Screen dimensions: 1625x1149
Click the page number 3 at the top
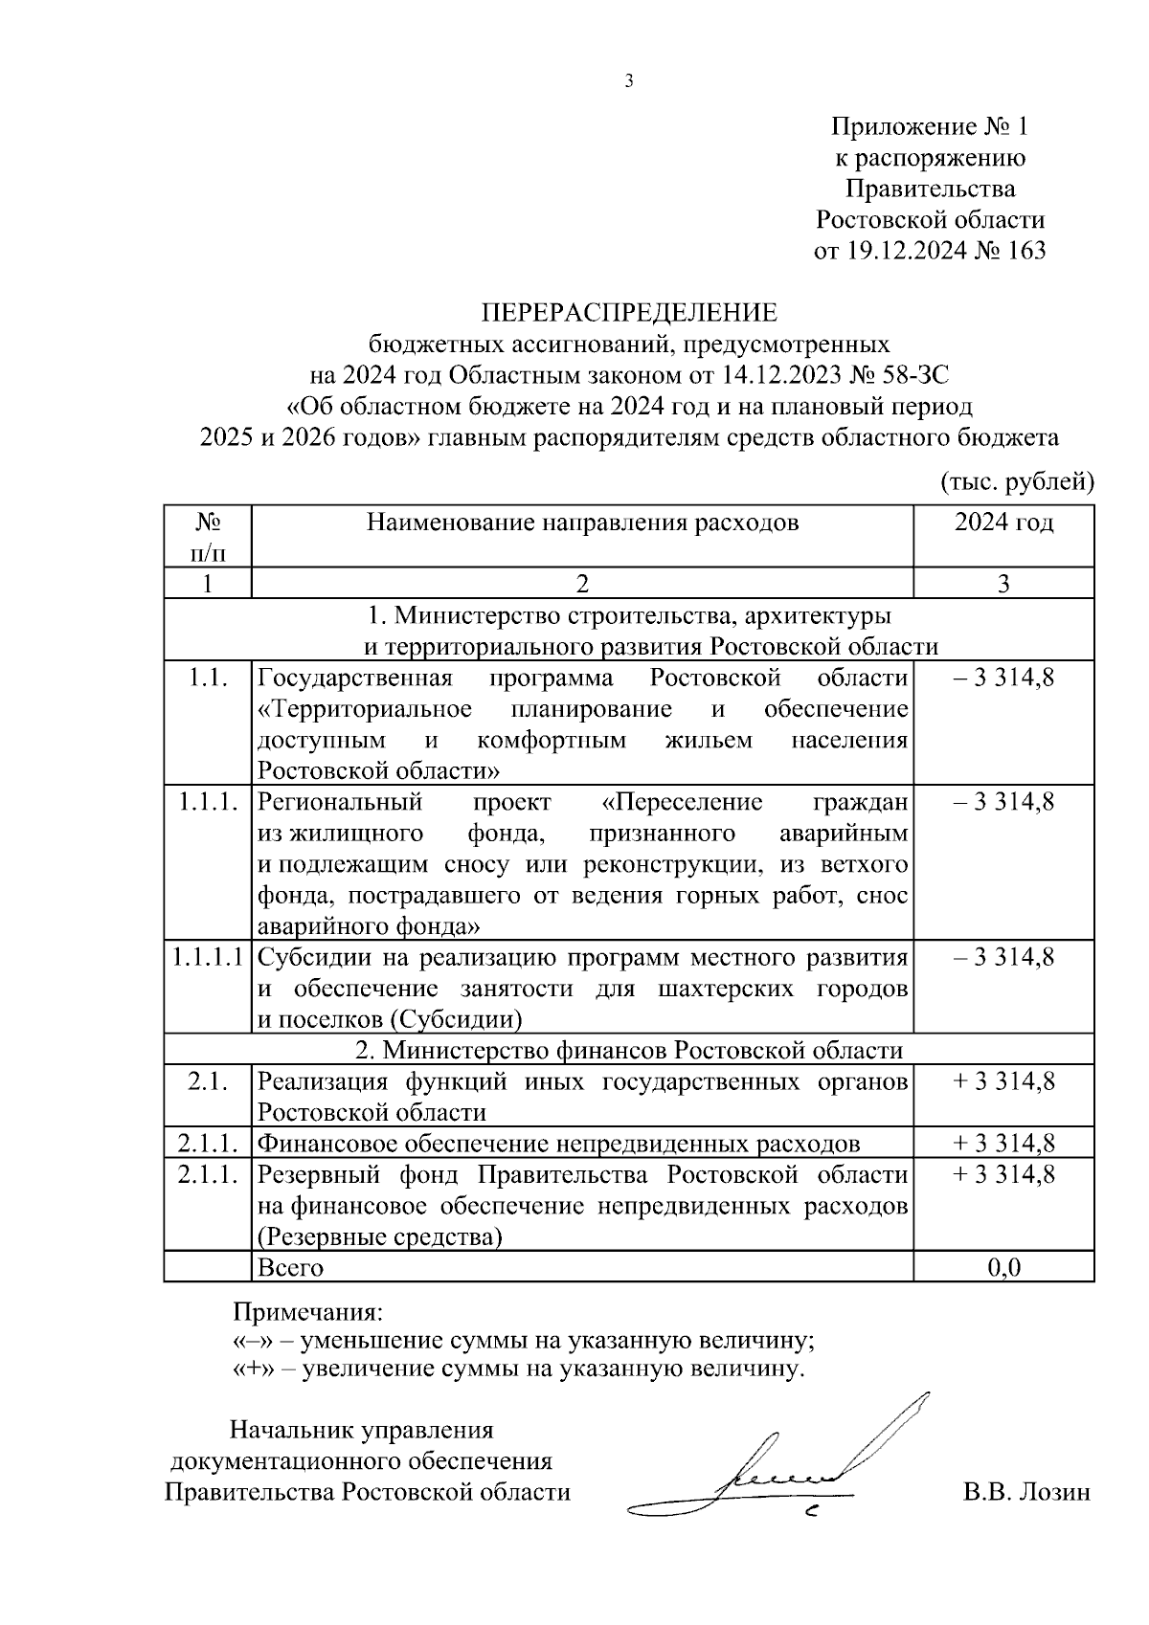[x=629, y=81]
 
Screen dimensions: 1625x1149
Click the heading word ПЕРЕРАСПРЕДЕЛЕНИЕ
[x=629, y=313]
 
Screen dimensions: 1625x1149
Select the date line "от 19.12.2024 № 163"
[x=929, y=252]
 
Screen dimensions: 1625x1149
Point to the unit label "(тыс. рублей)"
[x=1017, y=480]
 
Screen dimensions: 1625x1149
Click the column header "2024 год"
[x=1003, y=523]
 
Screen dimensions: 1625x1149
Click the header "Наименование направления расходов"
[x=582, y=523]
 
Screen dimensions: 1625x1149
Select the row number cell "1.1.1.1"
[x=207, y=956]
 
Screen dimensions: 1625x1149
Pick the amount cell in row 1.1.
[x=1003, y=679]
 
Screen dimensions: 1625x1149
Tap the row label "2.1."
[x=207, y=1081]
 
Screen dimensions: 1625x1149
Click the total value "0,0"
[x=1003, y=1267]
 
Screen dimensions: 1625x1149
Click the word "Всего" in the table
[x=291, y=1267]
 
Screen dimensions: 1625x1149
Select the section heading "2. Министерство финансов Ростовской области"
[x=629, y=1050]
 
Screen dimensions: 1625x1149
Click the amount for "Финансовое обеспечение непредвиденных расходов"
[x=1003, y=1143]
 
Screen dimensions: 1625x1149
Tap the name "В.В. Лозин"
[x=1026, y=1493]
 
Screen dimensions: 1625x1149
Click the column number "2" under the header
[x=582, y=584]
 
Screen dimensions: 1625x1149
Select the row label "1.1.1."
[x=207, y=802]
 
